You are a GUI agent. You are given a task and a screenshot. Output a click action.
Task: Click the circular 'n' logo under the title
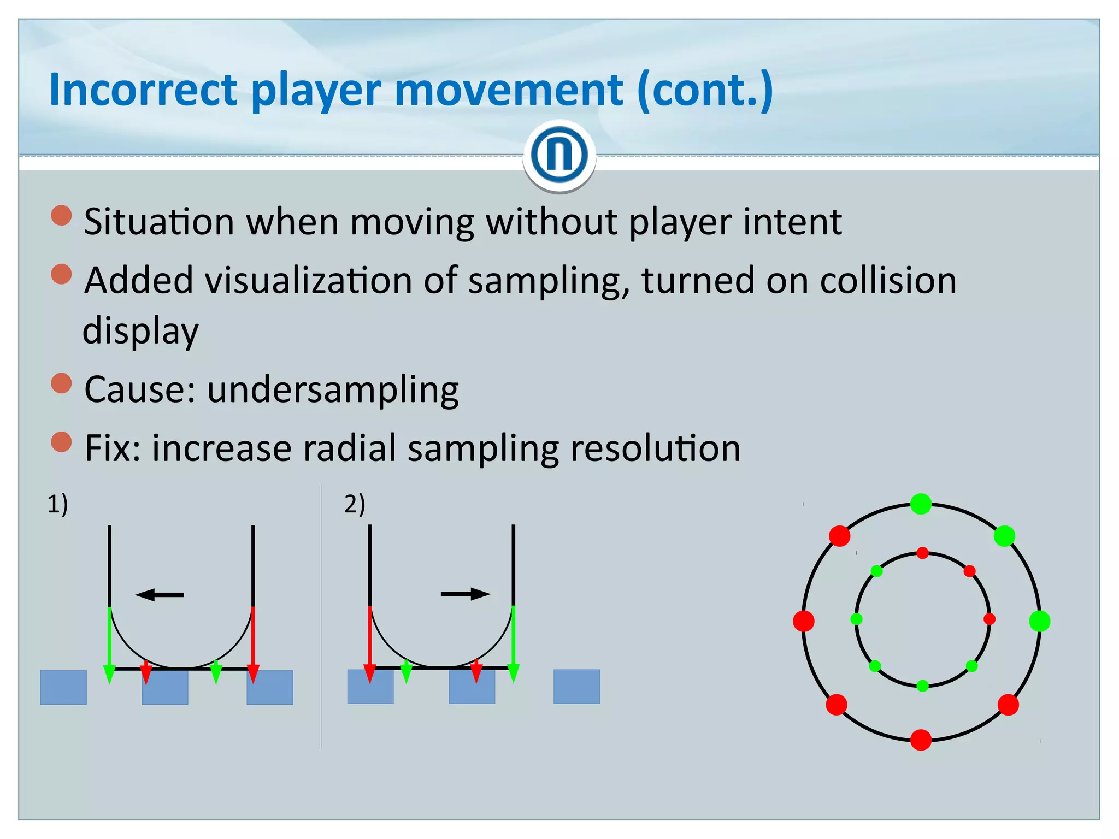(559, 155)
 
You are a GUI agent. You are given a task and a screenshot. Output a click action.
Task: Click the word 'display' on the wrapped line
(140, 331)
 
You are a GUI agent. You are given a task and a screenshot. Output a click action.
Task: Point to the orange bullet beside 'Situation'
(61, 215)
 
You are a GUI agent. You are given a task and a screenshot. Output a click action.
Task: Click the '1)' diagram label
(57, 503)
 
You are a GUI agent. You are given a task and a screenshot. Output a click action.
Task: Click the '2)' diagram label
(355, 503)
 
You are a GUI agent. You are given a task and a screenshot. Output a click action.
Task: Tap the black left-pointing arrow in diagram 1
(159, 594)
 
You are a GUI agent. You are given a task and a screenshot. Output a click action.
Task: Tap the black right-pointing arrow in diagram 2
(466, 594)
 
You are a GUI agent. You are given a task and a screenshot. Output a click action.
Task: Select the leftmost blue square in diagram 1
(63, 687)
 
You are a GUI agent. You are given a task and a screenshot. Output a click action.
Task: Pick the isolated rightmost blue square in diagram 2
(576, 687)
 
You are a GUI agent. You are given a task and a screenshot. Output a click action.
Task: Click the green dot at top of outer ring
(921, 504)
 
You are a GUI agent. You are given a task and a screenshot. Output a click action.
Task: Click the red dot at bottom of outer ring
(921, 740)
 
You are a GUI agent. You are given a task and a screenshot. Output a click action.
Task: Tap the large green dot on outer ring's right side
(1039, 621)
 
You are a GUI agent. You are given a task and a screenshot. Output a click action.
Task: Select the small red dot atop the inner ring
(922, 553)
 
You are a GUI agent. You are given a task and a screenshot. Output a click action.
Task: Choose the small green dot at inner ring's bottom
(922, 686)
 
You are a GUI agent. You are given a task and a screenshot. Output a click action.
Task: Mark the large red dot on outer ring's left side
(804, 621)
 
